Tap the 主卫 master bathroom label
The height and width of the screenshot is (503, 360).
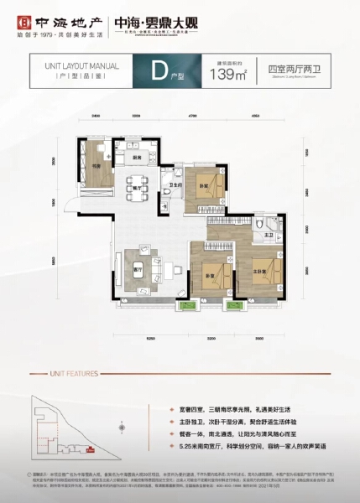tap(267, 236)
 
